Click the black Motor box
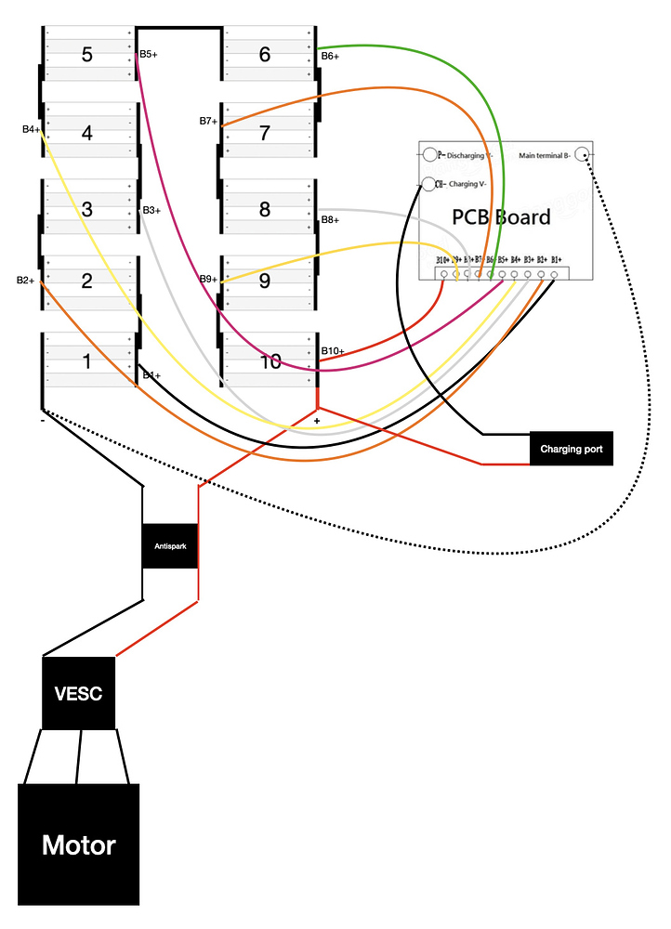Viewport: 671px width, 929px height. click(x=79, y=844)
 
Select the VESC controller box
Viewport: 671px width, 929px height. click(x=79, y=693)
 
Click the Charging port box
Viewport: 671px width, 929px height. click(x=572, y=449)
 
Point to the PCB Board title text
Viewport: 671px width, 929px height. click(x=501, y=216)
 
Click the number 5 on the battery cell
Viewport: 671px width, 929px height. click(x=87, y=55)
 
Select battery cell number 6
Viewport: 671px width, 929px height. click(x=265, y=55)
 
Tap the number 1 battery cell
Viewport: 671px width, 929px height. click(x=87, y=360)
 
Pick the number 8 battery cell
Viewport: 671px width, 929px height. click(x=265, y=209)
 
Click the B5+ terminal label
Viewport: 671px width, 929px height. click(x=149, y=55)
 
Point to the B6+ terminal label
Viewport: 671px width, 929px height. click(x=330, y=57)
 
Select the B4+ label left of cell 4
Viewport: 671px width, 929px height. click(x=31, y=129)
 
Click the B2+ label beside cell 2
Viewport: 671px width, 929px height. click(x=26, y=280)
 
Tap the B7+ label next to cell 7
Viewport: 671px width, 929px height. click(x=208, y=122)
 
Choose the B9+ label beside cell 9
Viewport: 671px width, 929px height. click(x=208, y=279)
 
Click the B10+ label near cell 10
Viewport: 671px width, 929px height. click(x=333, y=351)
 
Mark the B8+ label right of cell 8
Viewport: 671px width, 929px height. click(x=330, y=220)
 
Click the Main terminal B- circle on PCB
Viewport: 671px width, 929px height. click(x=583, y=154)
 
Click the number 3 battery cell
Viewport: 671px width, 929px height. click(x=87, y=209)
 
